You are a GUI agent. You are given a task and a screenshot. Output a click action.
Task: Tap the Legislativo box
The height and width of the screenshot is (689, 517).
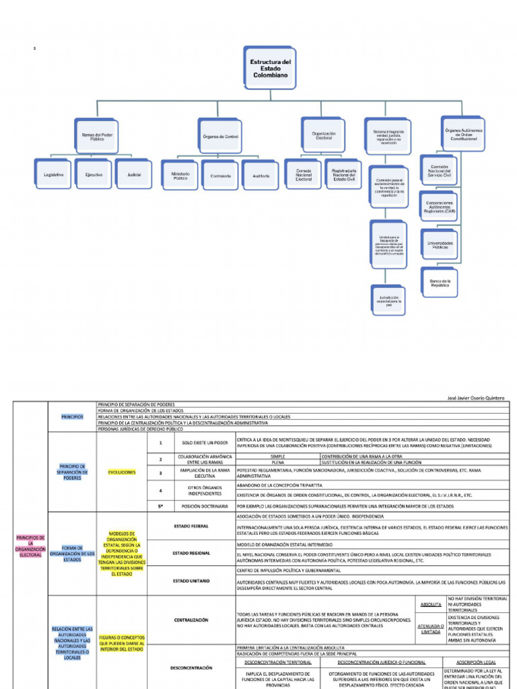(x=54, y=175)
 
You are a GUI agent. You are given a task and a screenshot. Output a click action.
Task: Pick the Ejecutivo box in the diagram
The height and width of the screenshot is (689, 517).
(x=94, y=175)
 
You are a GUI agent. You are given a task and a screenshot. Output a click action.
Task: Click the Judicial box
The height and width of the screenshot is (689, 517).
(x=134, y=175)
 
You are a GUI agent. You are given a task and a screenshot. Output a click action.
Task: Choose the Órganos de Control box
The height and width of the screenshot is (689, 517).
(x=221, y=136)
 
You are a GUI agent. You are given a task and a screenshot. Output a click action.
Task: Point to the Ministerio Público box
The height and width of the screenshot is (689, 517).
(x=180, y=176)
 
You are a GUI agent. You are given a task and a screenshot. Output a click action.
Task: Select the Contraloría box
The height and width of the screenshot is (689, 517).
(x=221, y=176)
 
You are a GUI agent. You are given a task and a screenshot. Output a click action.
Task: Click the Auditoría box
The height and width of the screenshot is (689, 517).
(x=261, y=176)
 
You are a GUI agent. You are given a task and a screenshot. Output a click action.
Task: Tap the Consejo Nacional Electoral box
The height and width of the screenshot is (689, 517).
(x=304, y=176)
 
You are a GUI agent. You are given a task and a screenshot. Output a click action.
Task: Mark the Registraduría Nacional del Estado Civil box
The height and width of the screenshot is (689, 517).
(x=344, y=176)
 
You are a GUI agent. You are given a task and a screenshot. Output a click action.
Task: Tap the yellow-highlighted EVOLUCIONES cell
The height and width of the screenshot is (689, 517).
(x=122, y=472)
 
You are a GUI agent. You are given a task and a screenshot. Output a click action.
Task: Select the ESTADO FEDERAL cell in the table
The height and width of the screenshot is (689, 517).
(x=191, y=525)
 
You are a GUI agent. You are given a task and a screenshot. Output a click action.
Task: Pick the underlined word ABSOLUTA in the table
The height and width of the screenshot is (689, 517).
(x=431, y=604)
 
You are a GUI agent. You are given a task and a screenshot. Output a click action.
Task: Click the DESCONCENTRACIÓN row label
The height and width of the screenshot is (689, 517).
(x=191, y=667)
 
